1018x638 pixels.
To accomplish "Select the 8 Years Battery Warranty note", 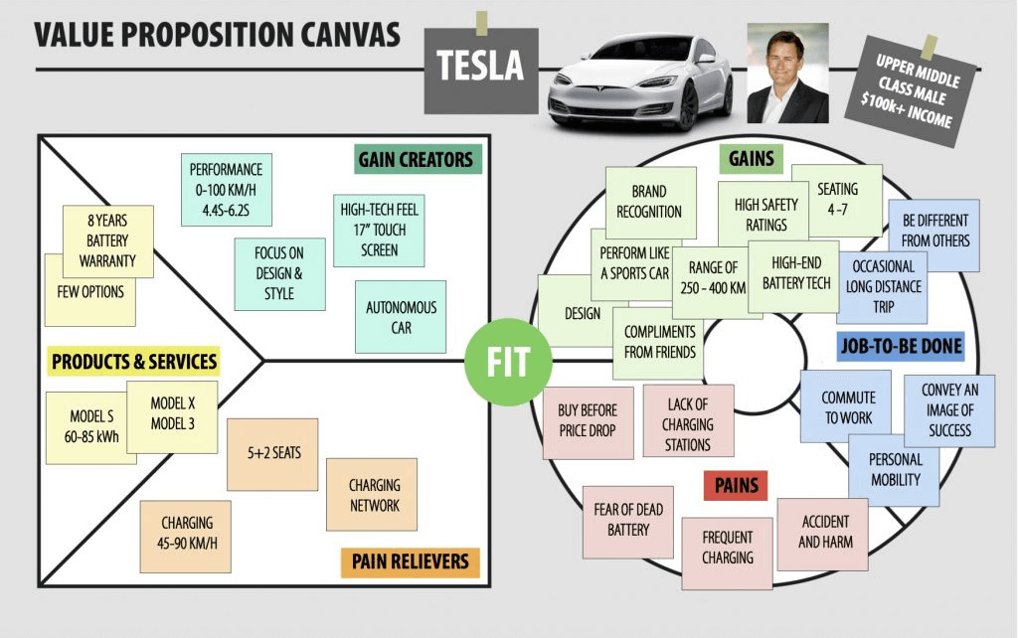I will (x=108, y=240).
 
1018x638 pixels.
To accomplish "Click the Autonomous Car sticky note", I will (x=401, y=317).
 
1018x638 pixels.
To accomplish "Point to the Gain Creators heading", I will (x=417, y=159).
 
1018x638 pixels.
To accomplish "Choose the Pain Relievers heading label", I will (x=410, y=561).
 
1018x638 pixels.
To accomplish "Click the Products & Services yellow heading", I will (x=133, y=361).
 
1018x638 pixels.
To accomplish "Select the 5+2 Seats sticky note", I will (x=272, y=453).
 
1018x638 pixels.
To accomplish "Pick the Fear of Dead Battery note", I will (x=628, y=520).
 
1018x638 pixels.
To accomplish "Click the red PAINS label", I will (x=737, y=486).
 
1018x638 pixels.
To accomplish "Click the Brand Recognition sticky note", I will (x=649, y=201).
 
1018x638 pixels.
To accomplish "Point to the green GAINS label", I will (x=752, y=159).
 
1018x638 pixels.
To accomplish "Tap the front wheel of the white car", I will (x=686, y=107).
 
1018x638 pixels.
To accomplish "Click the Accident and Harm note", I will (x=824, y=533).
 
